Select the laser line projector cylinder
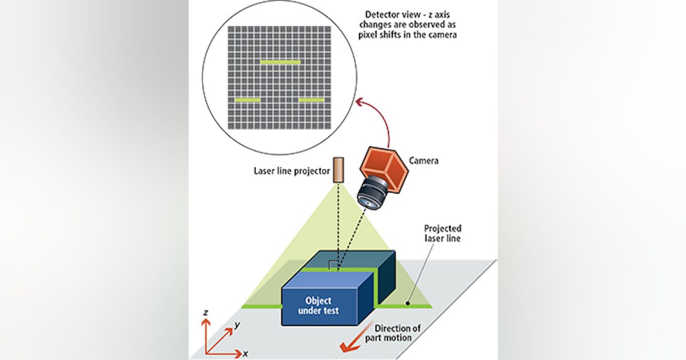point(339,170)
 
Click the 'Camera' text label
point(424,161)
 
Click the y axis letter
point(237,325)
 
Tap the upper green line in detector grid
point(280,62)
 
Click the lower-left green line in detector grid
point(247,100)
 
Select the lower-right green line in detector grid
point(312,100)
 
